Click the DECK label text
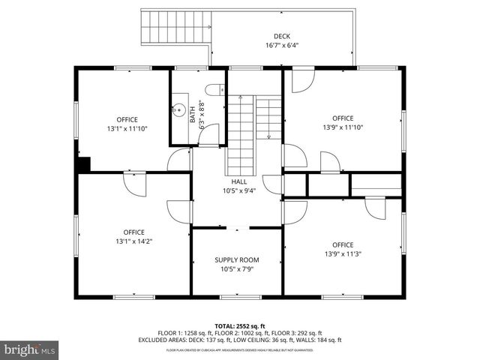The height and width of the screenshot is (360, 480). point(281,36)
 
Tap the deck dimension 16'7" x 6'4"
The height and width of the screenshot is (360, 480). point(281,44)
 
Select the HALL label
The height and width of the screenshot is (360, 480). point(238,181)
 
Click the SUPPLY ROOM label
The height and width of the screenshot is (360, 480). point(236,259)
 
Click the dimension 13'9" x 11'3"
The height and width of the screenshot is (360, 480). point(342,253)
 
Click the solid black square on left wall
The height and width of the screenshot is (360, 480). point(83,164)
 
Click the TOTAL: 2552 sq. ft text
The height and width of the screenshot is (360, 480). point(240,326)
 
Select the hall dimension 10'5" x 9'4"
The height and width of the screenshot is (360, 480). point(238,190)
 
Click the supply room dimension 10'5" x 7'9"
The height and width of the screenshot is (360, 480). point(236,268)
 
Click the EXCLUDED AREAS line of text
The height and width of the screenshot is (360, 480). point(240,339)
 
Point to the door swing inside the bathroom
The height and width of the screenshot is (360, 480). point(210,135)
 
